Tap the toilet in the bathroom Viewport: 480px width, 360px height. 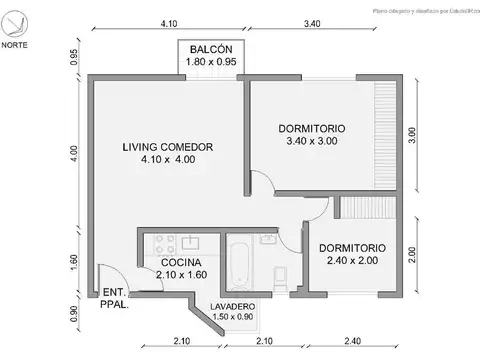(281, 274)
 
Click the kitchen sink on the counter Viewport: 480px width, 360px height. (191, 242)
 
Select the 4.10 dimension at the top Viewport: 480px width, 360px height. (168, 23)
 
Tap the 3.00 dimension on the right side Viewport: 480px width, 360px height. (412, 136)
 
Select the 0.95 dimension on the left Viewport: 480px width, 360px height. (73, 58)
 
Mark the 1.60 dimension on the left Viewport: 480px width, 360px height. (73, 261)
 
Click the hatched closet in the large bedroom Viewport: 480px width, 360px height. (384, 136)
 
